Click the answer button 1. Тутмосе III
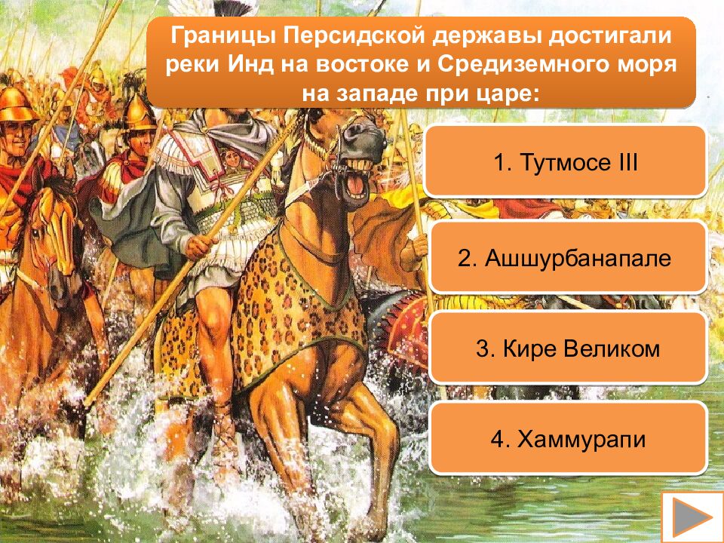pyautogui.click(x=566, y=162)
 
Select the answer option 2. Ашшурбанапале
pyautogui.click(x=566, y=258)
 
